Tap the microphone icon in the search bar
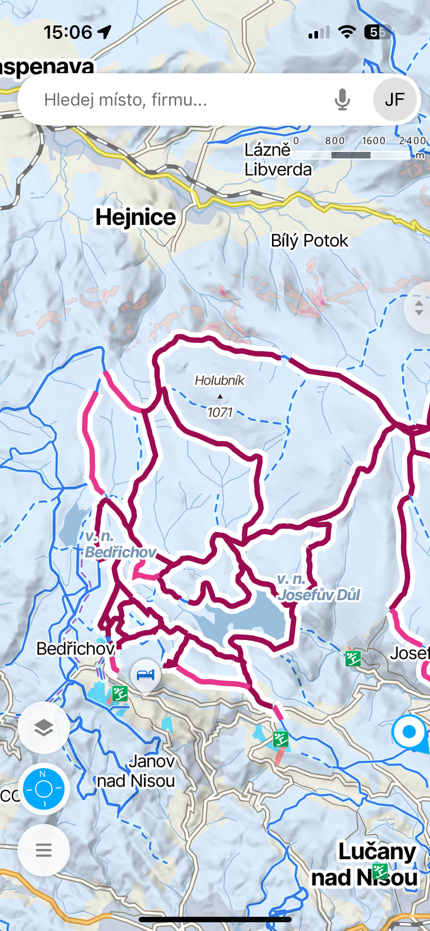(342, 99)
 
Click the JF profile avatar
(395, 99)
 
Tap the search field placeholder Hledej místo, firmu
(125, 100)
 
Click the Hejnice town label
(136, 217)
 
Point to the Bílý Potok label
(309, 241)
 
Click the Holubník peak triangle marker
(220, 396)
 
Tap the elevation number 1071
(220, 412)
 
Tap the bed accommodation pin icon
(145, 675)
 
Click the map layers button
(44, 728)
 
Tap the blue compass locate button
(44, 789)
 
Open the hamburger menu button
(44, 850)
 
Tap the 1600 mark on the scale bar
(373, 141)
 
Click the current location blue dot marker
(409, 731)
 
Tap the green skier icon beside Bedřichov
(120, 694)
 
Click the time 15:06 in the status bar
(68, 32)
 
